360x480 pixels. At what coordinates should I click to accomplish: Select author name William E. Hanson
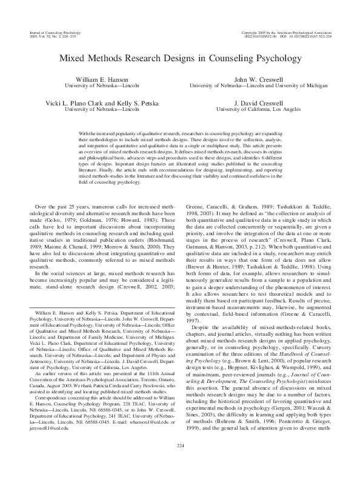(98, 80)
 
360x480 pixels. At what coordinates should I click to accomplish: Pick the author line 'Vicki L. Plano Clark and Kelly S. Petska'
(98, 103)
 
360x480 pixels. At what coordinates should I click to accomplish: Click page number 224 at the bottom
(180, 463)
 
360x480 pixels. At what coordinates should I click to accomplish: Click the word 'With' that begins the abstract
(85, 132)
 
